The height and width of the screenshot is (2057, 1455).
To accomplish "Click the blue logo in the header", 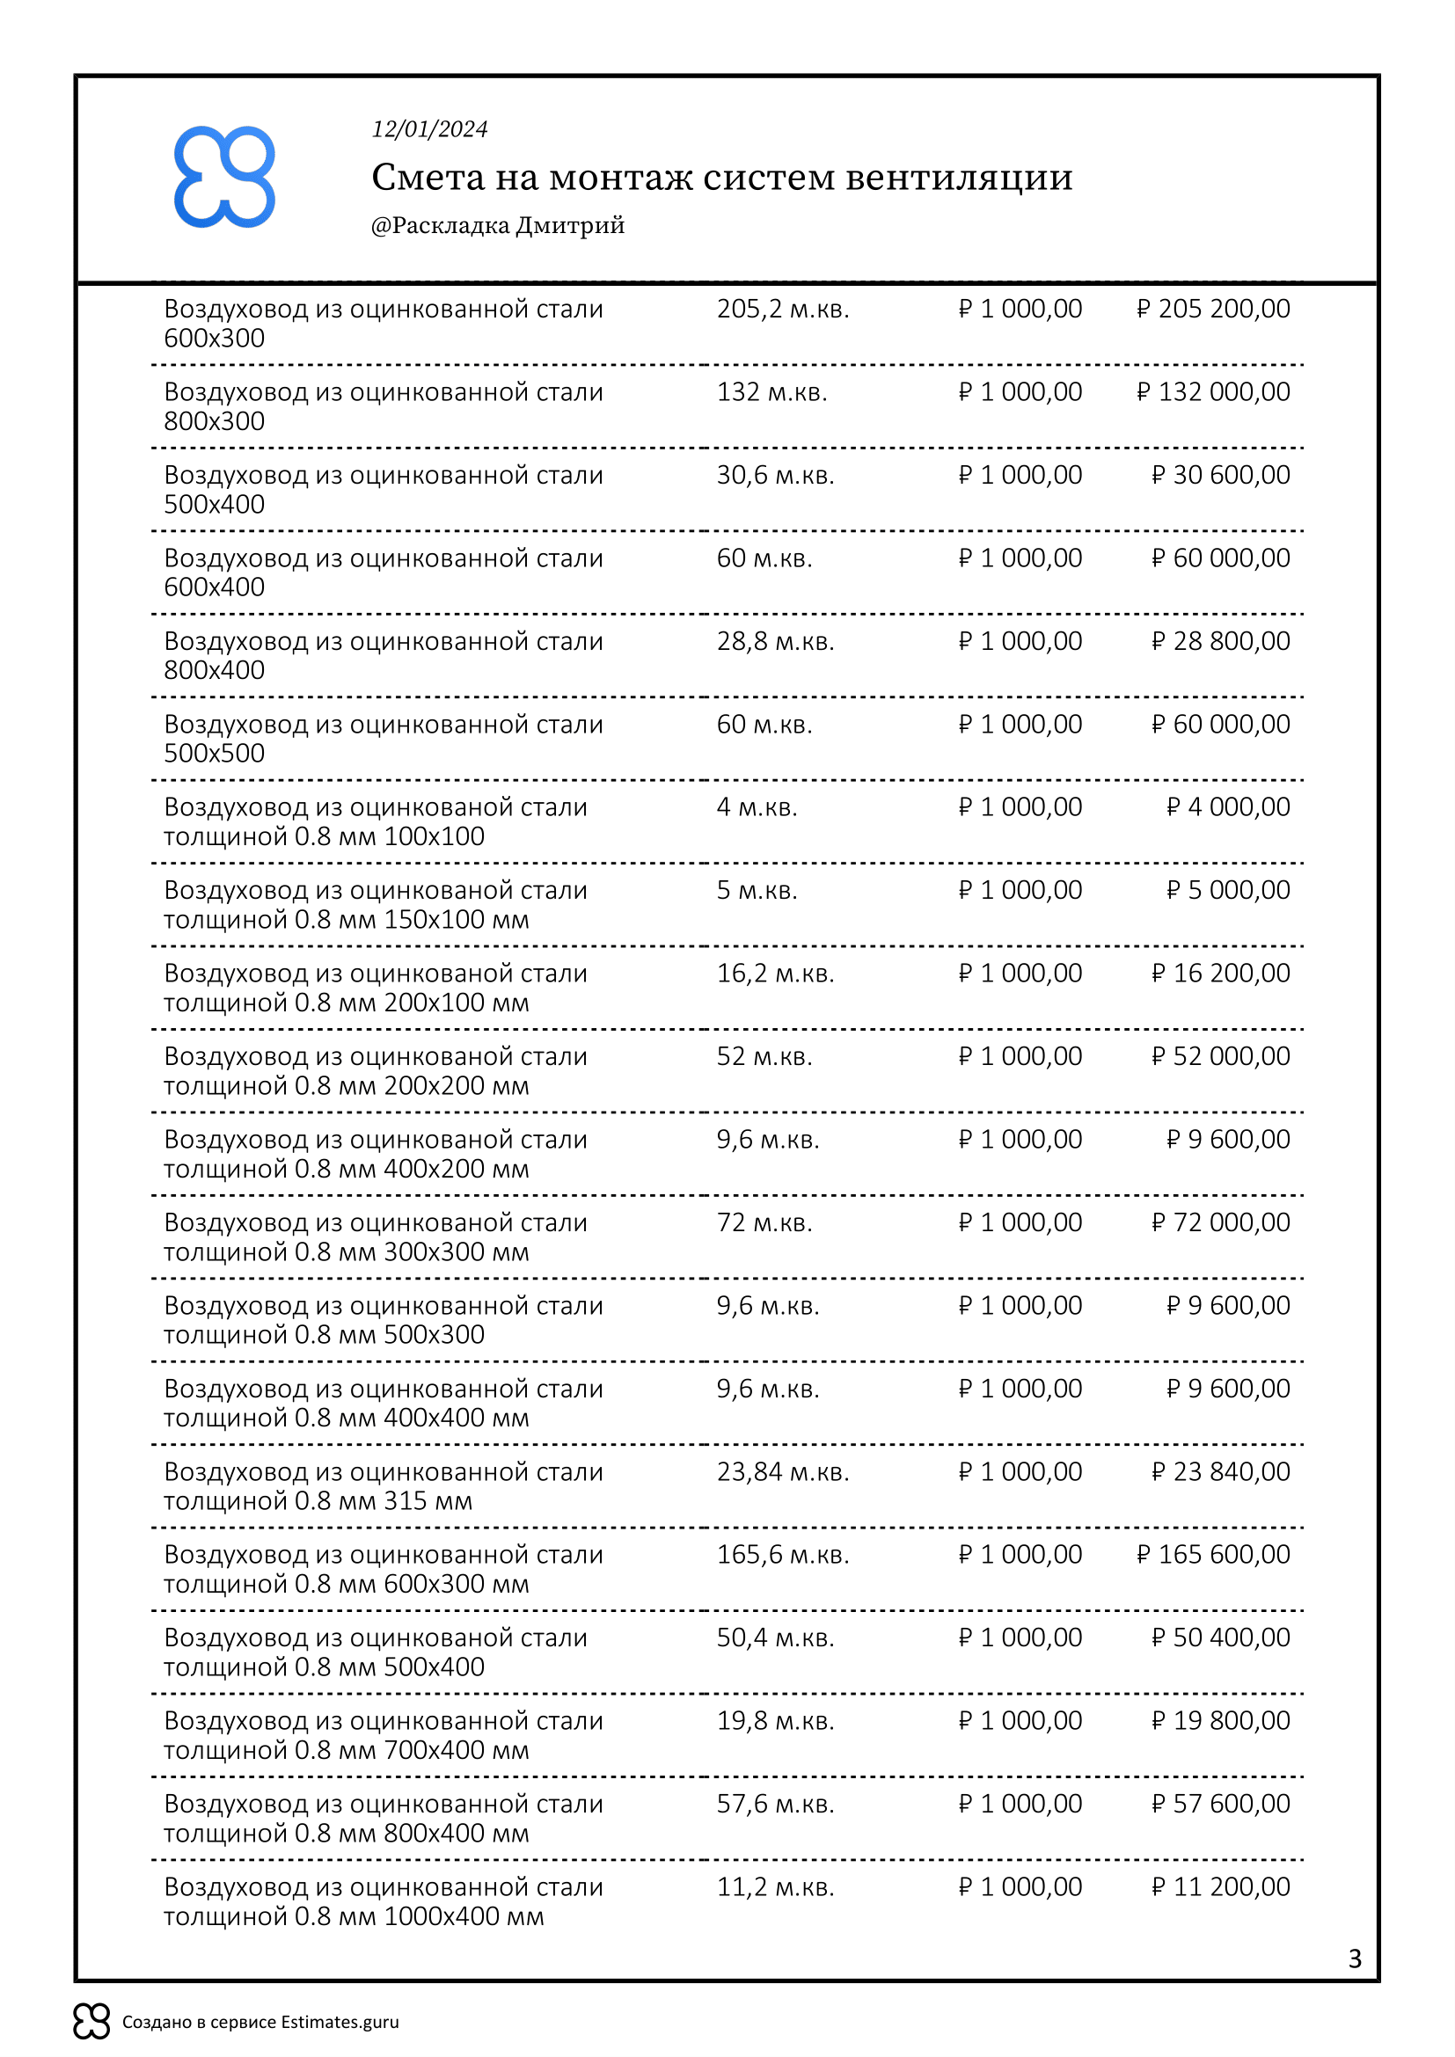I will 224,177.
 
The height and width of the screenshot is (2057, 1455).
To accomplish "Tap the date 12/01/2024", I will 429,130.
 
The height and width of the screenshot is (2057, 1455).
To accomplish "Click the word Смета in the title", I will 428,178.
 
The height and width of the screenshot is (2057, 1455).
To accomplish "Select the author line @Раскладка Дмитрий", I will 497,225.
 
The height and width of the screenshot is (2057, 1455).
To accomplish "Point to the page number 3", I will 1354,1959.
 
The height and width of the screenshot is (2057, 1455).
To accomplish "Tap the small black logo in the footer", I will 91,2020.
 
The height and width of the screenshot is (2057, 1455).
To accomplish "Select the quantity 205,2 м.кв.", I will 782,309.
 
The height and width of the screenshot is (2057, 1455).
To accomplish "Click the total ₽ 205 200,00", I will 1213,309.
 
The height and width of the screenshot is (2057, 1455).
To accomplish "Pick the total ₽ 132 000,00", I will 1213,392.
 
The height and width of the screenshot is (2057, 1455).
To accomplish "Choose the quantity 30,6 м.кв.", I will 775,476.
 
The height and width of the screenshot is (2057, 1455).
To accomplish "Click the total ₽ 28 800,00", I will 1220,641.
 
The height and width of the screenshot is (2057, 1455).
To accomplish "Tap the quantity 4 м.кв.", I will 757,807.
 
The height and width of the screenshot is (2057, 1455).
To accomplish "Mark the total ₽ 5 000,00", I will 1227,891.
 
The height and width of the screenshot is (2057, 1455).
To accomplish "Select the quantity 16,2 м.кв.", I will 775,974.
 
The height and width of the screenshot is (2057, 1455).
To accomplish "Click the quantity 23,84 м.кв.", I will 782,1472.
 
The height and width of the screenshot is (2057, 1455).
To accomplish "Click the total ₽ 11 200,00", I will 1220,1886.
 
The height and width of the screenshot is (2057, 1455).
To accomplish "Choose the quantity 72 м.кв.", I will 764,1223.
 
